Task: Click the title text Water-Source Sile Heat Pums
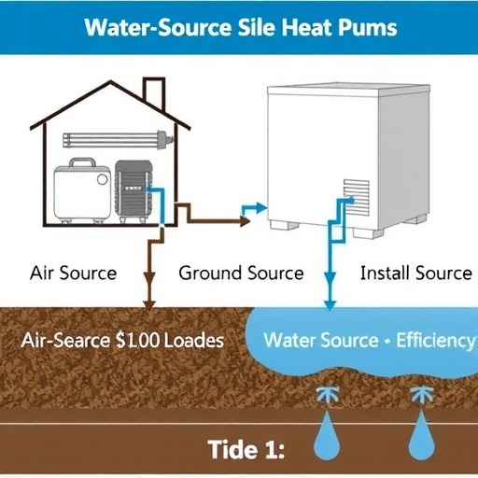point(241,28)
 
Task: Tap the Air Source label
point(74,273)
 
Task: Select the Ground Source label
point(241,273)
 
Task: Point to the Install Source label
point(416,273)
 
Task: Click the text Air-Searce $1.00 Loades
point(122,340)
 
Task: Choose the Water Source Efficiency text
point(370,340)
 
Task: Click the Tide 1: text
point(246,449)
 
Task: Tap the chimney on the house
point(154,93)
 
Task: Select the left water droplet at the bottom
point(327,435)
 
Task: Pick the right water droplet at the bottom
point(421,435)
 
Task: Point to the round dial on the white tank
point(102,179)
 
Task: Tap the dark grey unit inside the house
point(134,191)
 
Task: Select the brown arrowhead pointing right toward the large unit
point(245,221)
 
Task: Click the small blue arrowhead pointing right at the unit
point(261,208)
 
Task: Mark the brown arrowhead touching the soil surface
point(149,305)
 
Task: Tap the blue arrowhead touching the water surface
point(330,305)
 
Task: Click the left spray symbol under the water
point(327,395)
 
